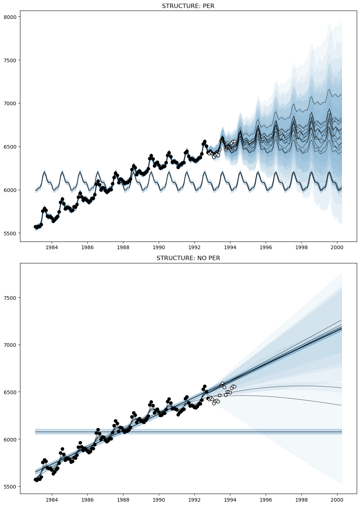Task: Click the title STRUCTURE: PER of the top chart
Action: click(x=188, y=6)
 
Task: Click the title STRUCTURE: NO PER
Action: click(x=188, y=258)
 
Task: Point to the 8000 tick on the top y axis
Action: click(x=11, y=17)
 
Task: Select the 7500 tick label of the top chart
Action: click(x=11, y=60)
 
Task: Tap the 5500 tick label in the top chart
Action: click(x=11, y=233)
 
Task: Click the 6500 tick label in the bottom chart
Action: click(x=11, y=392)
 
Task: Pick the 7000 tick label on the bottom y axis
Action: click(x=11, y=345)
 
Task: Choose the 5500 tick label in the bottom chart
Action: click(x=11, y=487)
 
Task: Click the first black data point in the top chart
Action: click(x=35, y=227)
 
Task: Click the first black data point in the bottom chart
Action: click(x=35, y=479)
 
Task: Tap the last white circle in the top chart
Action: click(x=234, y=141)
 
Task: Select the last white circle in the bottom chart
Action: click(x=234, y=387)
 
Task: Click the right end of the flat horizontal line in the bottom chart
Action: click(x=341, y=432)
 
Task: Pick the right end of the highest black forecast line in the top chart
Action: click(x=341, y=95)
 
